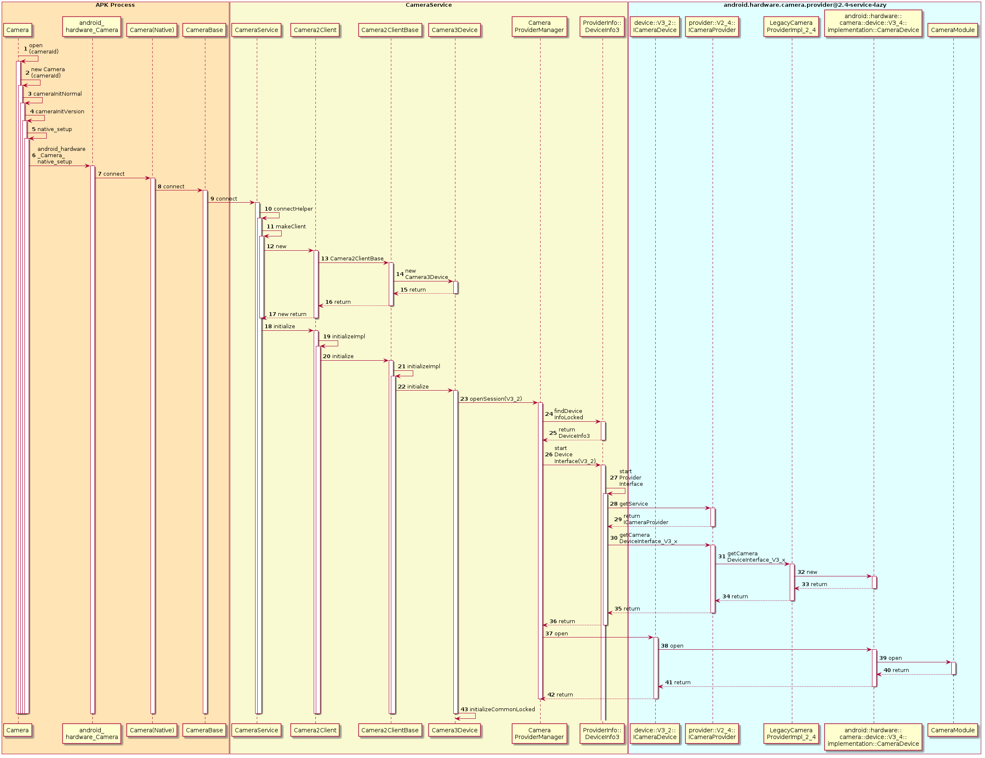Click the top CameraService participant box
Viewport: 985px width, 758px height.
256,30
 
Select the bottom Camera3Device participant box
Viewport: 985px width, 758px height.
454,730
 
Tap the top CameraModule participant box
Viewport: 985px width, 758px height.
953,30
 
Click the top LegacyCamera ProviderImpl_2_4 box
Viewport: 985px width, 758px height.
791,27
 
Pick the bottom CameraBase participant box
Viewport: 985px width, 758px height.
205,730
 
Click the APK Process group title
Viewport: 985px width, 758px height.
115,5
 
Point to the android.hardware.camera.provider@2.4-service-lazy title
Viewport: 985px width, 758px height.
805,5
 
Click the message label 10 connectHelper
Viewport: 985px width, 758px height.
289,209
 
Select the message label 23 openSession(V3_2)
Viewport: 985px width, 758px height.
491,399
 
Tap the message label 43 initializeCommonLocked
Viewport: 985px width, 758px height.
498,709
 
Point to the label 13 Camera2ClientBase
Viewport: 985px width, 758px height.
352,259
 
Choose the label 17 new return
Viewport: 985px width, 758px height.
287,314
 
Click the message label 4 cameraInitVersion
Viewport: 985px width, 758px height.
57,112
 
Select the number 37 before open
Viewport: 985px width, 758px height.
549,634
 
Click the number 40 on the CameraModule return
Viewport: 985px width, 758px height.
887,670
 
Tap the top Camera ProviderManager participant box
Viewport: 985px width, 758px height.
539,27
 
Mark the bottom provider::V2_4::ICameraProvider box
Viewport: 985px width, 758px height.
712,734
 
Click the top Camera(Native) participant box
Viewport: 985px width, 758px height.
152,30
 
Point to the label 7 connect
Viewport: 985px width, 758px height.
111,174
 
